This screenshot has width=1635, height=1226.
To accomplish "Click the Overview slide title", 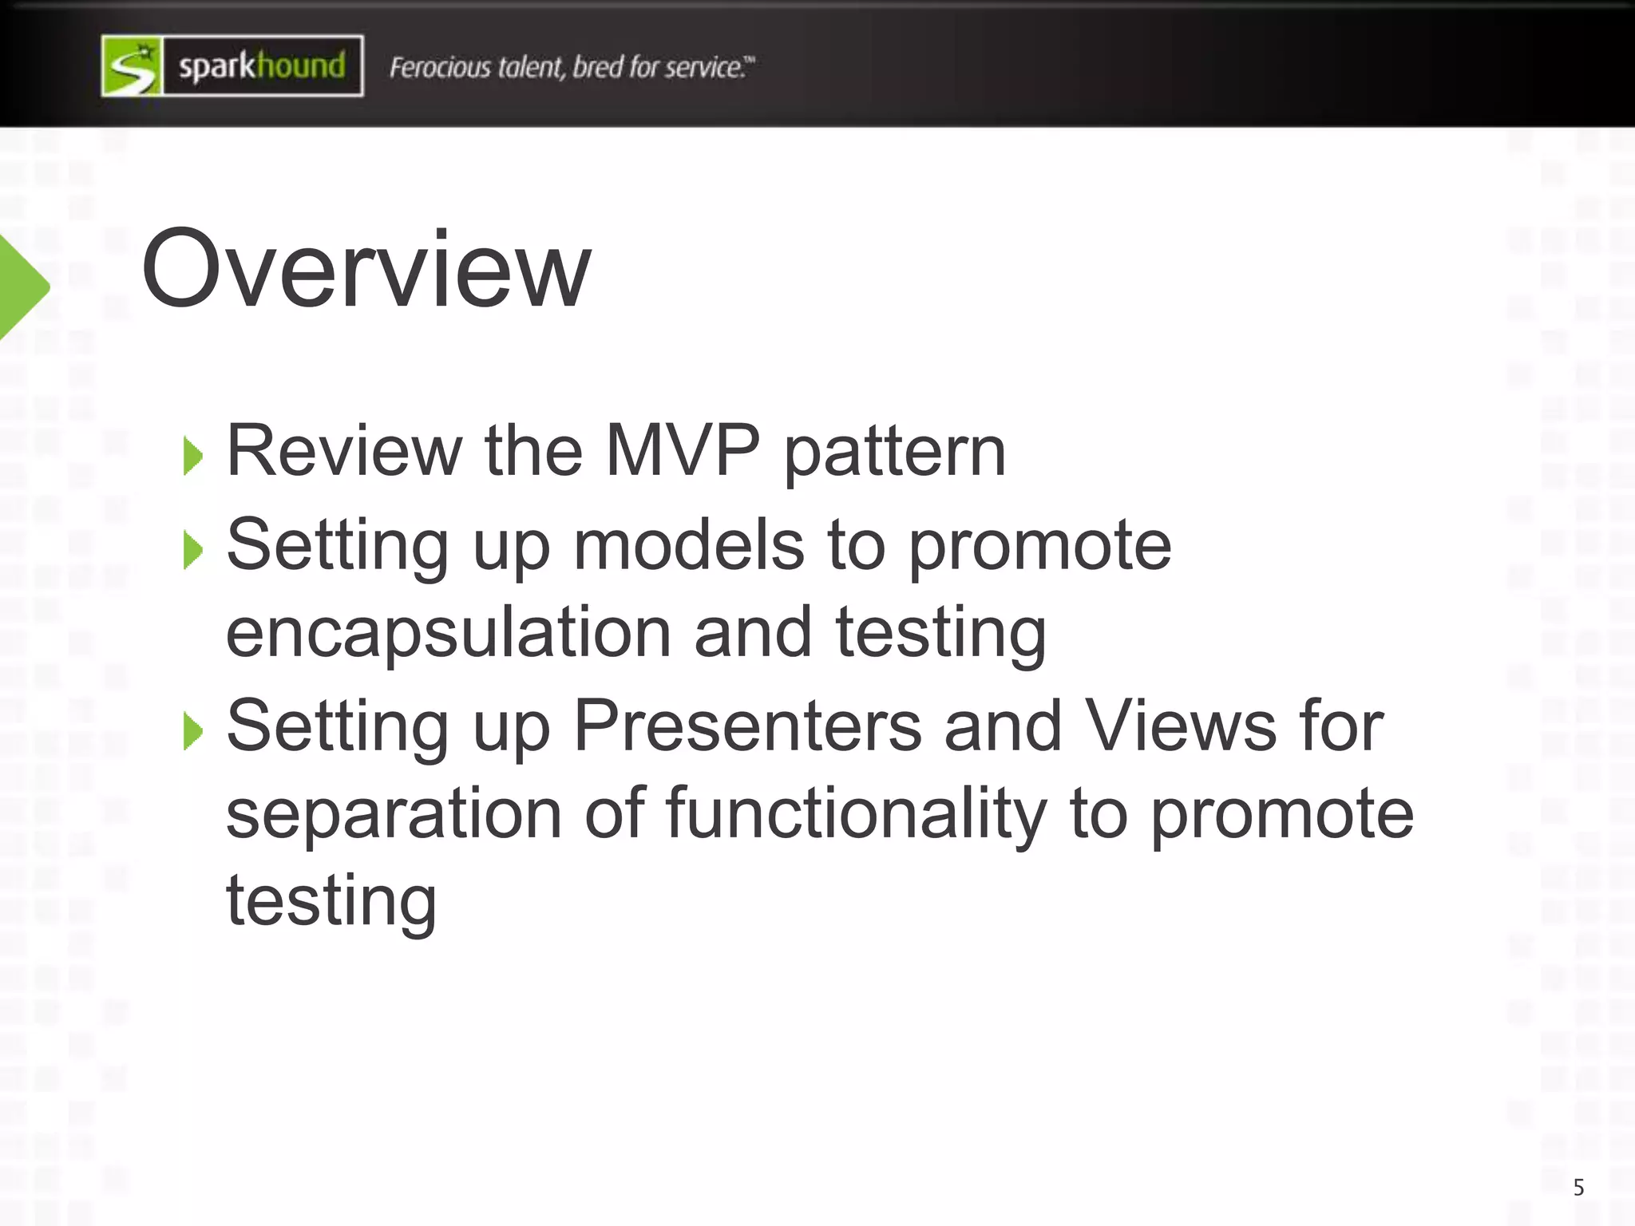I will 366,269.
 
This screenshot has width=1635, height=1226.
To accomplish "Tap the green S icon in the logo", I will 133,66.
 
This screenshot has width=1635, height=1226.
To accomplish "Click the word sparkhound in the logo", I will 262,66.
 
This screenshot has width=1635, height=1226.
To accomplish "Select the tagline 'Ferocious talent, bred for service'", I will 571,67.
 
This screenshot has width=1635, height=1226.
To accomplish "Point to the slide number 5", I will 1578,1188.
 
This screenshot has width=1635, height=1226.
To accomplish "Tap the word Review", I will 344,450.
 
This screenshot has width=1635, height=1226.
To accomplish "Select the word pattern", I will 895,452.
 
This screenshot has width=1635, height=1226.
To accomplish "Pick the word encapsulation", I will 448,632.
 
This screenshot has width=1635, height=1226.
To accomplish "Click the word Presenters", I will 747,726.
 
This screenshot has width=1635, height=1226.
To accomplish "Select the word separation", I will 394,813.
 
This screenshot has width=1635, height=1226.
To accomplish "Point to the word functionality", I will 855,813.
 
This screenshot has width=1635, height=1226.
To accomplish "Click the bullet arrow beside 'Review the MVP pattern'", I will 192,456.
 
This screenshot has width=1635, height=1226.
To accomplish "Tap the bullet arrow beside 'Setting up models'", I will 192,550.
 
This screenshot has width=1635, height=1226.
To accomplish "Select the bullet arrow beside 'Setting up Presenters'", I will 192,731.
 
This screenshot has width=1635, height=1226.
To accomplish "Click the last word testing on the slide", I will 331,901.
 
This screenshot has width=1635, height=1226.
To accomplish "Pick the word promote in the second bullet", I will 1040,546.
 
